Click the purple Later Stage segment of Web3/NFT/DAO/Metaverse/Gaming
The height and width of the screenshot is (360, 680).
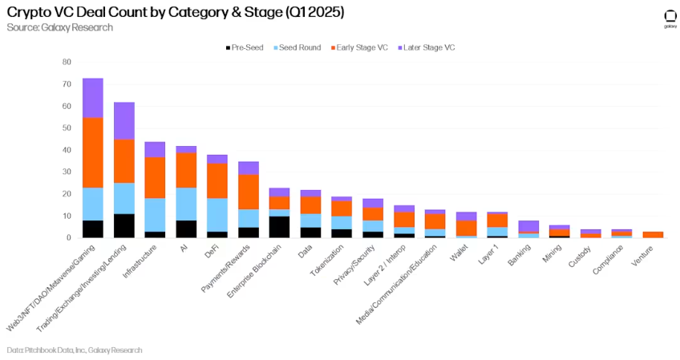click(x=93, y=97)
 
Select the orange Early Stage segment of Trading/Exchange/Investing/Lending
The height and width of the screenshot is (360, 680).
click(x=123, y=160)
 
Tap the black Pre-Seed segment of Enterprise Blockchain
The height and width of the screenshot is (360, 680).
click(x=279, y=227)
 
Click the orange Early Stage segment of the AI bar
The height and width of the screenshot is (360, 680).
click(x=186, y=170)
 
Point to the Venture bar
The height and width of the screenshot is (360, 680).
click(x=654, y=235)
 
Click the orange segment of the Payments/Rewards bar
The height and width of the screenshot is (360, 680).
click(x=248, y=191)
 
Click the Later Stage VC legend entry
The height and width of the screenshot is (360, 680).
click(x=426, y=47)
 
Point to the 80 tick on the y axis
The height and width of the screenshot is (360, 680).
click(x=67, y=62)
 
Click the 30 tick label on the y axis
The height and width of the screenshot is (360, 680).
click(x=67, y=172)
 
